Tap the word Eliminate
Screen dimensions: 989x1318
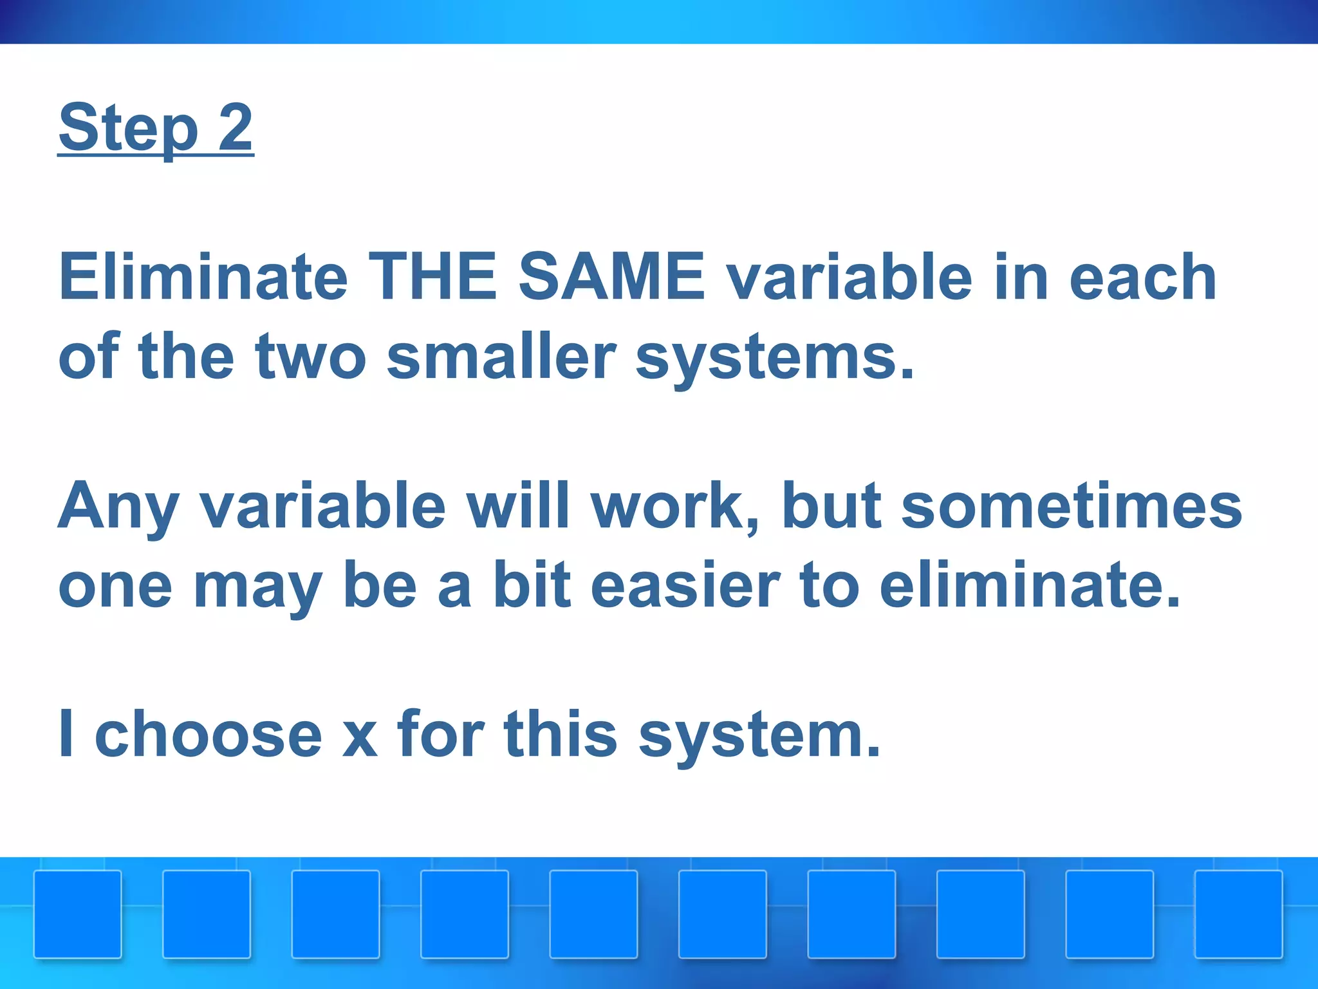tap(203, 277)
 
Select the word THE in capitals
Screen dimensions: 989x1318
tap(432, 277)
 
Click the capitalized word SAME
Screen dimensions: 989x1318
tap(611, 277)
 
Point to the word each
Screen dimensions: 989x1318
tap(1142, 277)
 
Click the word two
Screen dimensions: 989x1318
tap(310, 356)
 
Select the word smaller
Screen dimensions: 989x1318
tap(501, 356)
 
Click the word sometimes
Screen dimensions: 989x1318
tap(1072, 506)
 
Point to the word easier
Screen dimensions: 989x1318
tap(685, 585)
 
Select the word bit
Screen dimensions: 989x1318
tap(532, 585)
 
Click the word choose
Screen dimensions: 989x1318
tap(208, 734)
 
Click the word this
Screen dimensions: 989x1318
tap(561, 734)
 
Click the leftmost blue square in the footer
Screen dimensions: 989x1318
tap(78, 914)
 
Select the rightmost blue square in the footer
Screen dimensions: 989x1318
tap(1239, 914)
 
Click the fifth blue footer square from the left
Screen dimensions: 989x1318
tap(593, 914)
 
